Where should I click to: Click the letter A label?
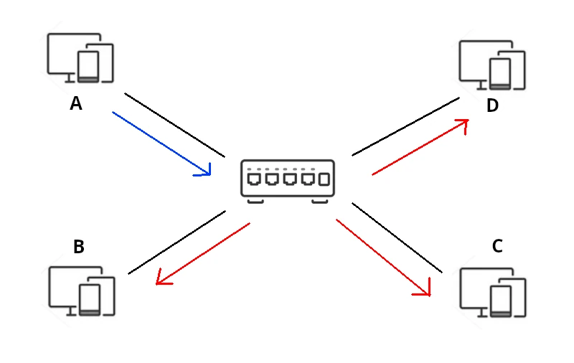tap(76, 104)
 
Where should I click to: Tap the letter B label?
tap(79, 247)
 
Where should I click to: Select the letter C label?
tap(497, 247)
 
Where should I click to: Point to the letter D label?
tap(492, 106)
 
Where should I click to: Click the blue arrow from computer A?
tap(161, 143)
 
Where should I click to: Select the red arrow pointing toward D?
tap(420, 147)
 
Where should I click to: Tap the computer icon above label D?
tap(492, 65)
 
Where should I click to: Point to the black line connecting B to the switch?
tap(177, 242)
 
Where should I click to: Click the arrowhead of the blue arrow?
tap(207, 171)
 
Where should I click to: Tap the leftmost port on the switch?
tap(253, 179)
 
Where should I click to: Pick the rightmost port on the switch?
tap(324, 179)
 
